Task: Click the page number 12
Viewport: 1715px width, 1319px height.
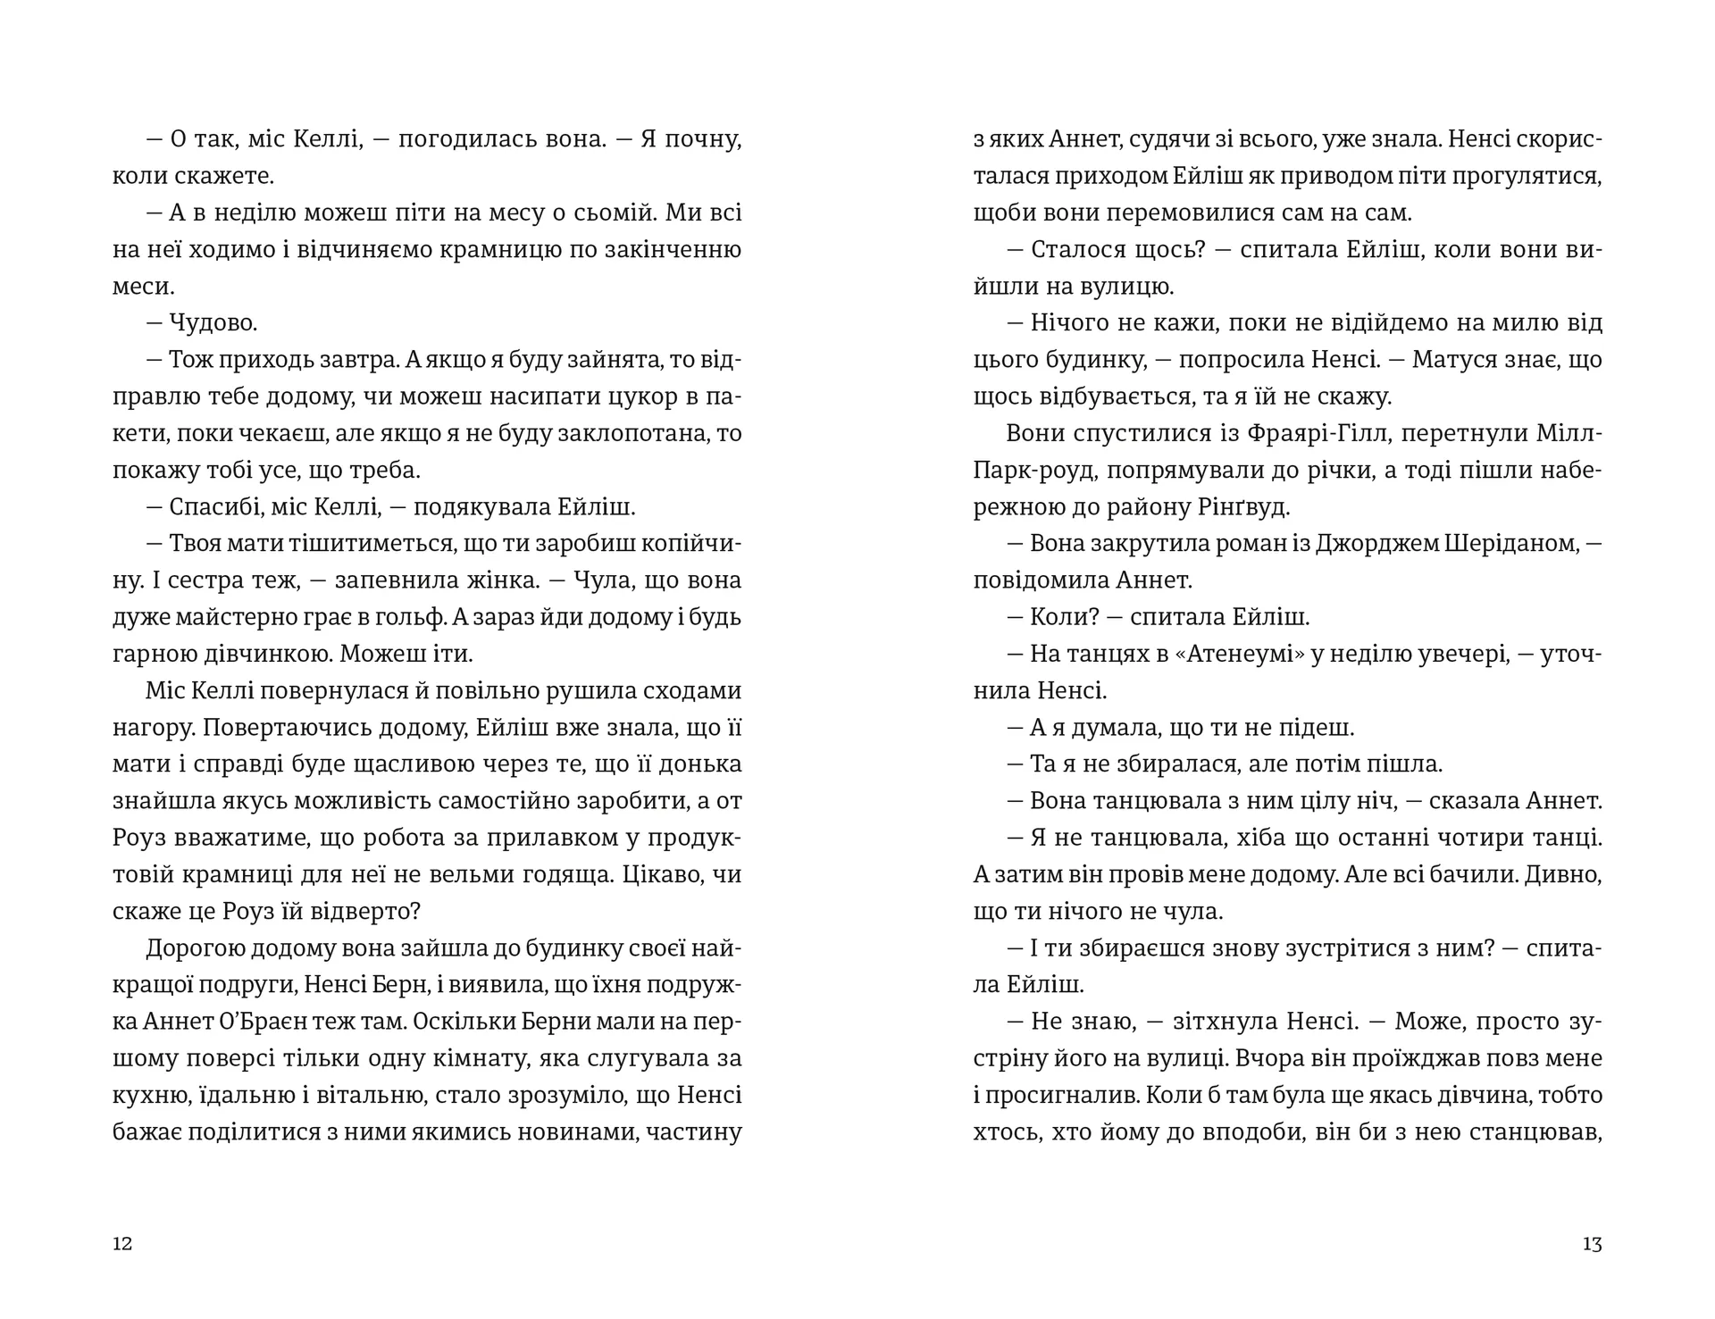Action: pyautogui.click(x=122, y=1244)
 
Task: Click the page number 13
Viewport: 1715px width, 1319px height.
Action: pyautogui.click(x=1592, y=1244)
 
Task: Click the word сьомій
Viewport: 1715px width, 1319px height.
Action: pyautogui.click(x=648, y=213)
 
